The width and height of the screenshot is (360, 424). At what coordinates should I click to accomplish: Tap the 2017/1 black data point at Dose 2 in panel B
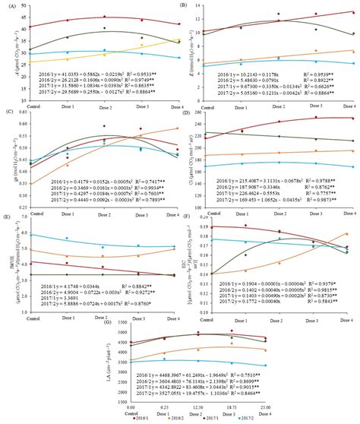pyautogui.click(x=278, y=14)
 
